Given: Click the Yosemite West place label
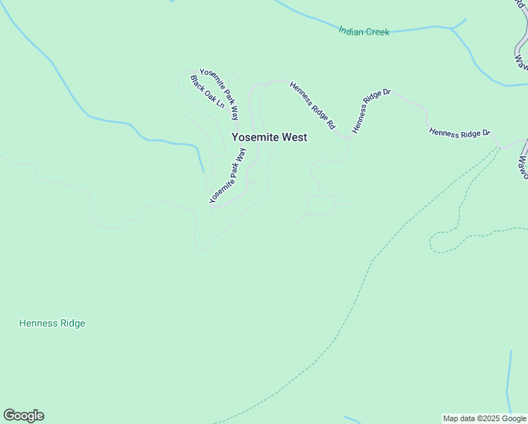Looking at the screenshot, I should tap(270, 137).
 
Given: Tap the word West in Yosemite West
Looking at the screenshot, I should tap(294, 137).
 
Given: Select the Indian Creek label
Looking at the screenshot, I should tap(364, 32).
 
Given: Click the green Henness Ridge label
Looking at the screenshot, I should tap(52, 323).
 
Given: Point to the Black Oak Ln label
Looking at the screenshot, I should tap(207, 92).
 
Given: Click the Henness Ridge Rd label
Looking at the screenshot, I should tap(312, 105).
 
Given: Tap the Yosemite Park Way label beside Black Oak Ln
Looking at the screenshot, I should tap(219, 94).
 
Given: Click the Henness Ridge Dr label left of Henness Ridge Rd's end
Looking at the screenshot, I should tap(371, 111).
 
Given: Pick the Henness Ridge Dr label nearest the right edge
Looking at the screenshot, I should tap(460, 133).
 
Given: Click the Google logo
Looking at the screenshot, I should tap(23, 416).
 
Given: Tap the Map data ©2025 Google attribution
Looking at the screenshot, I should tap(484, 418).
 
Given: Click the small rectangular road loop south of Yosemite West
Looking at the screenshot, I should tap(320, 206).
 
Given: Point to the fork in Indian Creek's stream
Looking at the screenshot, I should tap(451, 28).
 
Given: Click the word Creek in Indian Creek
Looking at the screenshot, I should tap(377, 33).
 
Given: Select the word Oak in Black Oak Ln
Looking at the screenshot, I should tap(208, 93).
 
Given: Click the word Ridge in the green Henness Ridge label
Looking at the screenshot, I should tap(72, 323).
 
